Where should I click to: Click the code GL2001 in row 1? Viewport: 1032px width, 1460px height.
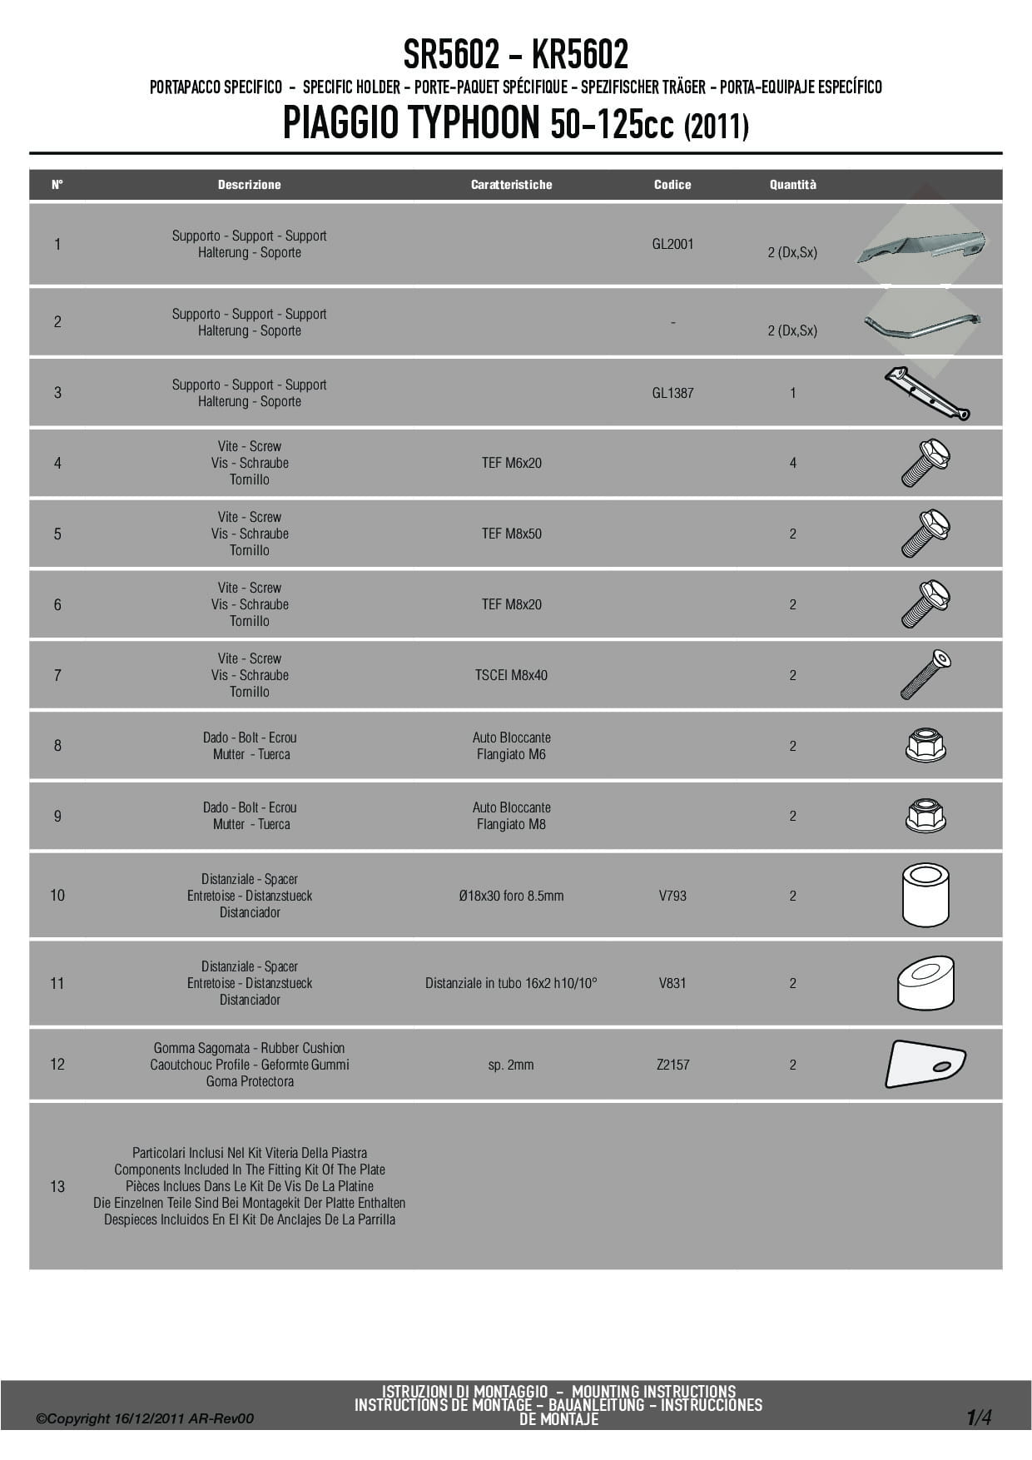point(672,244)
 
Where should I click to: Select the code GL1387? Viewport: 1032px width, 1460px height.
point(672,393)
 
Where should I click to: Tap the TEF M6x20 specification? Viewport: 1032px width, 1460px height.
point(511,463)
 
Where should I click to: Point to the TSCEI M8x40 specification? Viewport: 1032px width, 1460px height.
point(511,675)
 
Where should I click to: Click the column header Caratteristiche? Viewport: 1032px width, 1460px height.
point(511,185)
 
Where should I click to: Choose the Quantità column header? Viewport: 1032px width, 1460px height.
point(792,185)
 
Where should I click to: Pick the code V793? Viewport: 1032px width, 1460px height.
point(672,896)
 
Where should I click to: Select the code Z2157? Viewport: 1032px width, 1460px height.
point(672,1065)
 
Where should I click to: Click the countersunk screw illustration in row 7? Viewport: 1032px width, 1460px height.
point(925,674)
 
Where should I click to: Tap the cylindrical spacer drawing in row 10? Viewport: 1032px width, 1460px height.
point(925,895)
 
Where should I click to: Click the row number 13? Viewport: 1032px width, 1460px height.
point(57,1186)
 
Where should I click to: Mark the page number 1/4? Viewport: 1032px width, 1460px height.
point(979,1417)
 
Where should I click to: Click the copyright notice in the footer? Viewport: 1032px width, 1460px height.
point(145,1418)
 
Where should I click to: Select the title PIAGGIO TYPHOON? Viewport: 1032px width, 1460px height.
point(412,122)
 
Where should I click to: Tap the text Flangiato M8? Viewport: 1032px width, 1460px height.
point(511,825)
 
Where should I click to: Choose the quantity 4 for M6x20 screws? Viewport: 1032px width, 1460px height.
point(792,463)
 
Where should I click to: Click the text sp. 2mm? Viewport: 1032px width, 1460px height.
point(511,1065)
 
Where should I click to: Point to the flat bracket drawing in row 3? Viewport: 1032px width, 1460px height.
point(925,393)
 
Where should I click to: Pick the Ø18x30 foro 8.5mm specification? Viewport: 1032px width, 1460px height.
point(511,896)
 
